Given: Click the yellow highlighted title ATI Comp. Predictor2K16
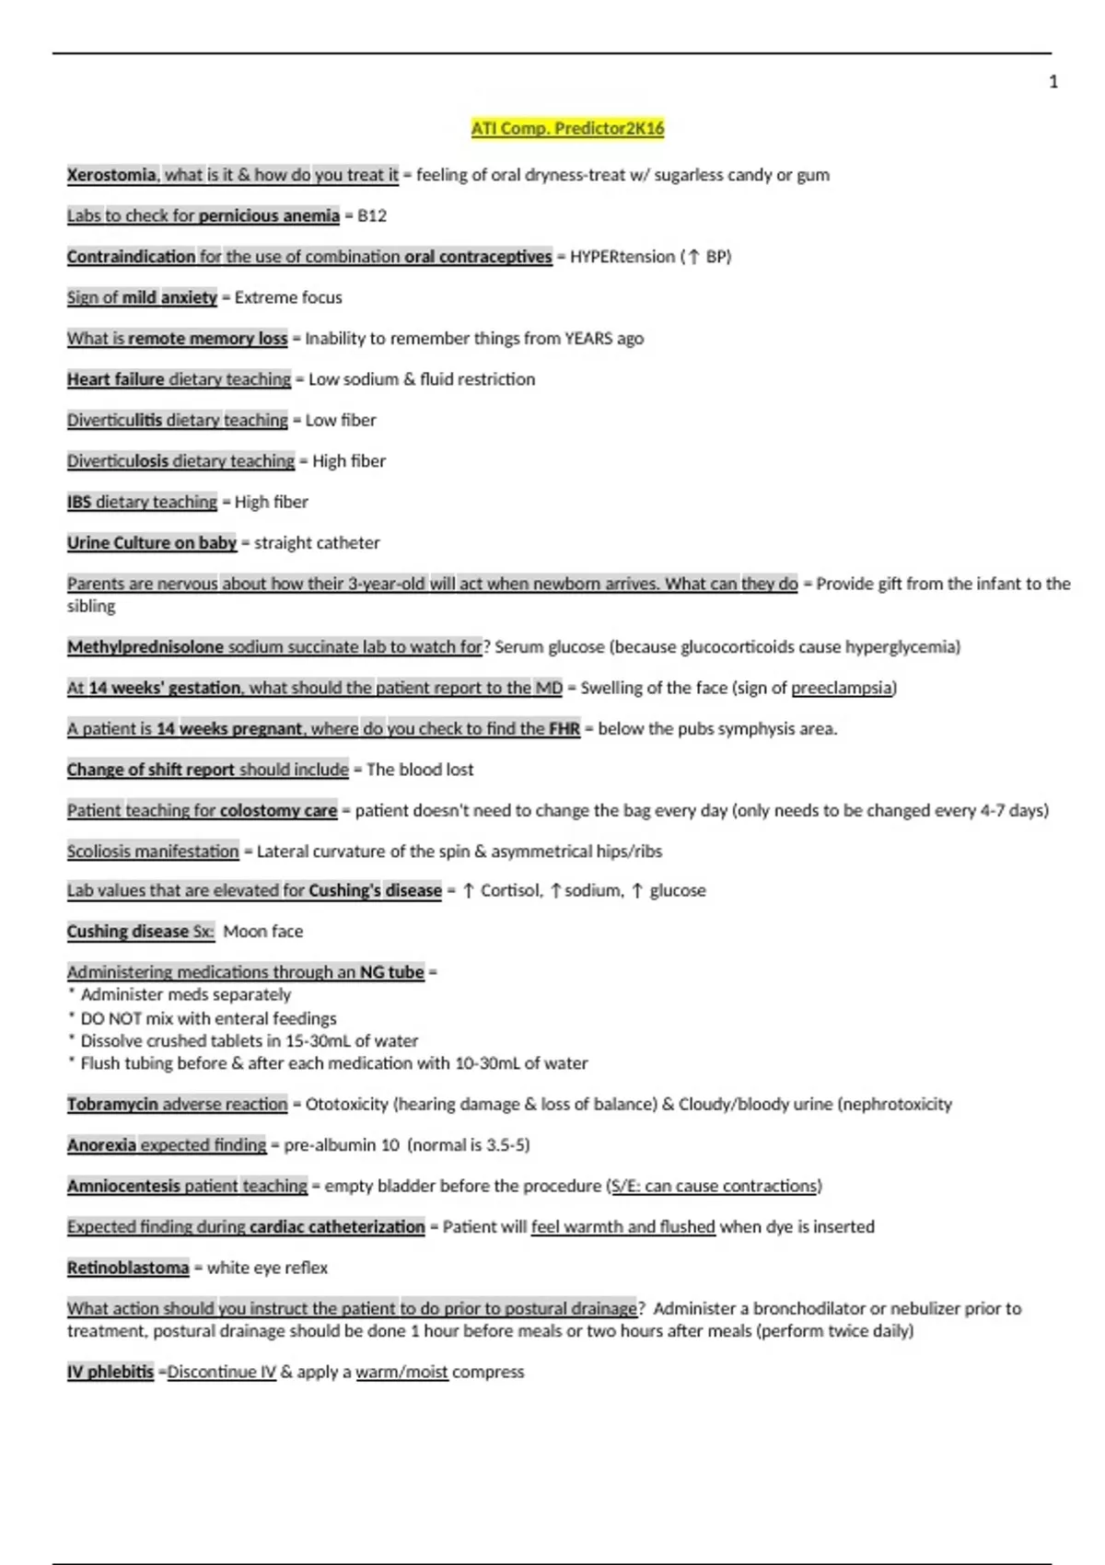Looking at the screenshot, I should (567, 128).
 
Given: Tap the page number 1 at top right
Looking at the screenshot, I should (1053, 82).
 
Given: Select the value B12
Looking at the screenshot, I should (372, 215).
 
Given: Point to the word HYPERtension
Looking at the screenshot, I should (622, 257).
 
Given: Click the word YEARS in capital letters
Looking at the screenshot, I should (588, 338).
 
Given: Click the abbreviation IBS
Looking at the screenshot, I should (79, 502).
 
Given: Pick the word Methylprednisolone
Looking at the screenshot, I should (145, 647).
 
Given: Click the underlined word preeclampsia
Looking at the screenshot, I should (842, 688).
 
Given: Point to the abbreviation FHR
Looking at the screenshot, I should (564, 729).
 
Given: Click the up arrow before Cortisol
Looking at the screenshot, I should (469, 891).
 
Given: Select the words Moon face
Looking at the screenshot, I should (262, 932).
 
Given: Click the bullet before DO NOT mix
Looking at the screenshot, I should (71, 1017).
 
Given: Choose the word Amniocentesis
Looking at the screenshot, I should (123, 1186).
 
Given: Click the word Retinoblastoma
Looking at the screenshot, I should (128, 1268).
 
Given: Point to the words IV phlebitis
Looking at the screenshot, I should (110, 1372).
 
